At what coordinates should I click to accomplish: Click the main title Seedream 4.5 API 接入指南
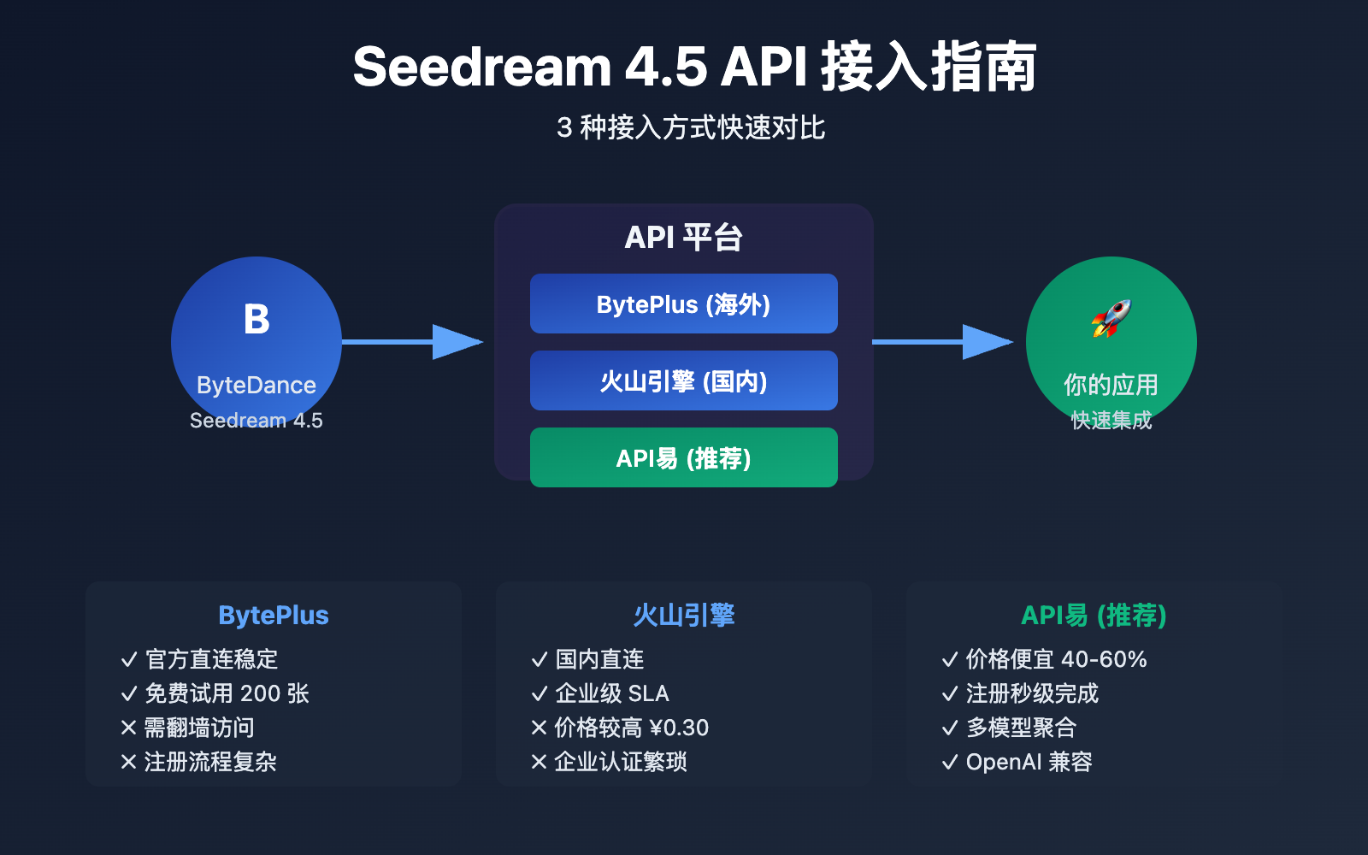coord(694,67)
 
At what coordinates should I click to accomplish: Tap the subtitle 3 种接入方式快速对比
coord(691,127)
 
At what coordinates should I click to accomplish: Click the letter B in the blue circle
coord(256,320)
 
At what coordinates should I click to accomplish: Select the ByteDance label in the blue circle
coord(256,385)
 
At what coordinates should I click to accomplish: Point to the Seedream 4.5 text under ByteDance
coord(256,420)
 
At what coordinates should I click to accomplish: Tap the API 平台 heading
coord(684,237)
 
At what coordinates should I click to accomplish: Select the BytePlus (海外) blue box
coord(684,304)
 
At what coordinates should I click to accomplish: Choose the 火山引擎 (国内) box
coord(684,380)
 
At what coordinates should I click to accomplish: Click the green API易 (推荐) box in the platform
coord(684,457)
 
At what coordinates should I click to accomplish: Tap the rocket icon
coord(1111,318)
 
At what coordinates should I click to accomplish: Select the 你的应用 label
coord(1111,385)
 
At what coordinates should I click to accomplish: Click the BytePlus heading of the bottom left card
coord(274,615)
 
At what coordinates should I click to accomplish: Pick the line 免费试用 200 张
coord(227,693)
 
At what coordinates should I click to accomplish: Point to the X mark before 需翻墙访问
coord(129,728)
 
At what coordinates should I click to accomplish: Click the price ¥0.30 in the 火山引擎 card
coord(679,728)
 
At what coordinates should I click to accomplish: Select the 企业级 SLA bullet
coord(612,693)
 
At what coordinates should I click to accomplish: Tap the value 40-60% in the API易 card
coord(1104,659)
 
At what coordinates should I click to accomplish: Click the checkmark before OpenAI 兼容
coord(949,762)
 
